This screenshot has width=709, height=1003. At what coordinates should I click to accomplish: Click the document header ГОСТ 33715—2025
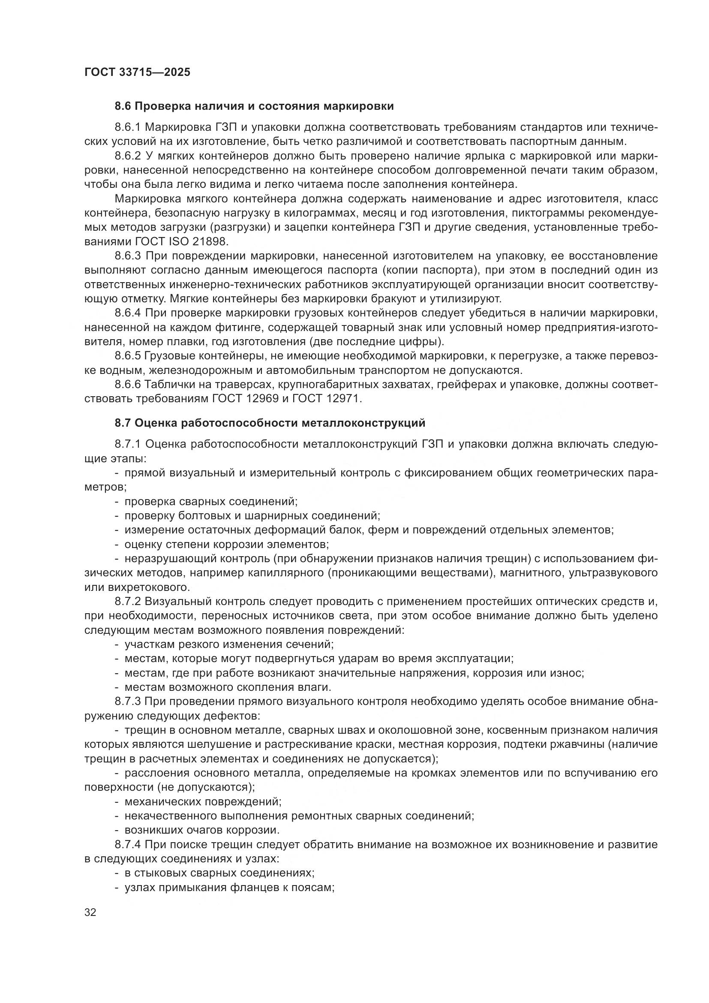pyautogui.click(x=138, y=72)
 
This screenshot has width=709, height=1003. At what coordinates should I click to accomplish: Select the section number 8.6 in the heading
pyautogui.click(x=123, y=106)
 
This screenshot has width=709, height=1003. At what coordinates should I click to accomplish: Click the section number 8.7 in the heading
pyautogui.click(x=123, y=423)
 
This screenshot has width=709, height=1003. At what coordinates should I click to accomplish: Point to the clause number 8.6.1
pyautogui.click(x=127, y=127)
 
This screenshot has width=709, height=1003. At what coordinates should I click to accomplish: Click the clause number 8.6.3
pyautogui.click(x=127, y=256)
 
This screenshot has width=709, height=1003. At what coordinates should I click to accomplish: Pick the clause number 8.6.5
pyautogui.click(x=127, y=356)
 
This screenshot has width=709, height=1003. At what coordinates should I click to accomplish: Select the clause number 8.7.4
pyautogui.click(x=127, y=844)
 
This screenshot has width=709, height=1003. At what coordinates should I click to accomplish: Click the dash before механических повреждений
pyautogui.click(x=117, y=801)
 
